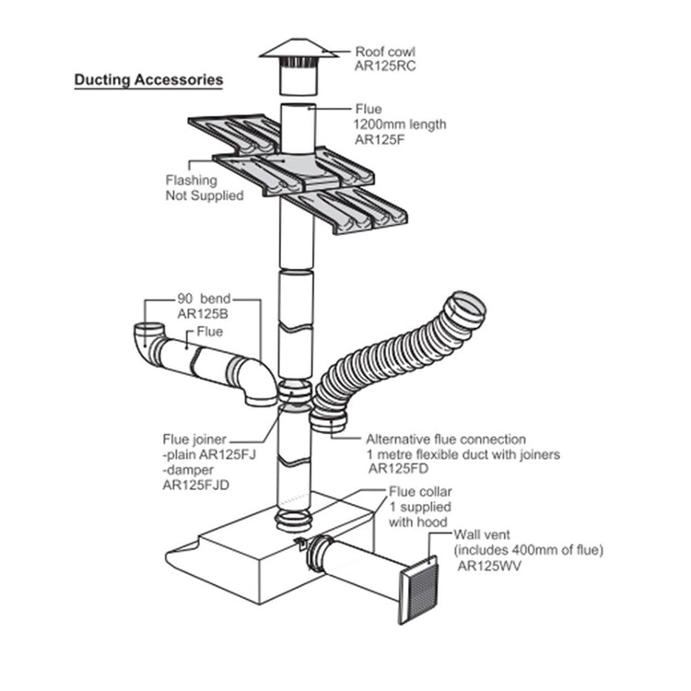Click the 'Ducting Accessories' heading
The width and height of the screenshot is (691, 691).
click(148, 80)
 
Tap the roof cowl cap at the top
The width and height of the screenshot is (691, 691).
click(298, 50)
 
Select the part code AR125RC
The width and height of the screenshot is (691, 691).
click(382, 67)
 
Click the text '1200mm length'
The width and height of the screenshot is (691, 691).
click(395, 123)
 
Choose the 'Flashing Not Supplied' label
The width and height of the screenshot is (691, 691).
click(192, 188)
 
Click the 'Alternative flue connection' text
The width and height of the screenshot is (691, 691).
click(446, 439)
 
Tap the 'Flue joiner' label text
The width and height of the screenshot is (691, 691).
click(193, 439)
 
